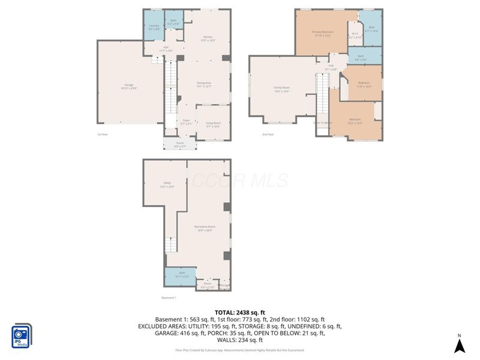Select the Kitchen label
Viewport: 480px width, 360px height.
pos(207,39)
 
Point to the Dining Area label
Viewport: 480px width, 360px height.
pos(204,84)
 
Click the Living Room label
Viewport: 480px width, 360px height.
pos(213,125)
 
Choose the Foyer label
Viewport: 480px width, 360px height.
pos(186,122)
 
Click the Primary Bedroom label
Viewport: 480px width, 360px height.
pos(323,34)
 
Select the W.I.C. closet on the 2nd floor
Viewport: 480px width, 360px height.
pos(355,35)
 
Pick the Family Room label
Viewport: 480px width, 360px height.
pos(282,90)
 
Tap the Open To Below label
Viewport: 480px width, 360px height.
pos(322,122)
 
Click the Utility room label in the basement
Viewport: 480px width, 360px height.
pos(167,185)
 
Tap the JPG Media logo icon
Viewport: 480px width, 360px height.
pos(22,335)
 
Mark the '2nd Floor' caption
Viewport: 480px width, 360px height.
pos(268,135)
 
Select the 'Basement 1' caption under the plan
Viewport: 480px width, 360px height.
pos(169,298)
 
